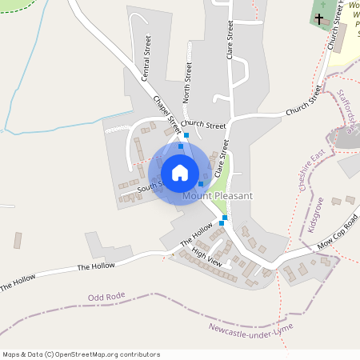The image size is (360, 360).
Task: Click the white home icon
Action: click(180, 172)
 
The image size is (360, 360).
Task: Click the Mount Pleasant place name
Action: click(218, 196)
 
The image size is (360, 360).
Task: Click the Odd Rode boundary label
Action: click(106, 298)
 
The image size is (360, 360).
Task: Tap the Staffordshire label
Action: click(347, 111)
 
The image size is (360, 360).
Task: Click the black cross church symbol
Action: click(319, 18)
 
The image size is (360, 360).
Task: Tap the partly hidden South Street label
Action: click(148, 187)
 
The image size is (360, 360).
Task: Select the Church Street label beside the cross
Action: click(335, 37)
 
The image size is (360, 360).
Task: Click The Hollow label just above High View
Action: click(196, 236)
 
